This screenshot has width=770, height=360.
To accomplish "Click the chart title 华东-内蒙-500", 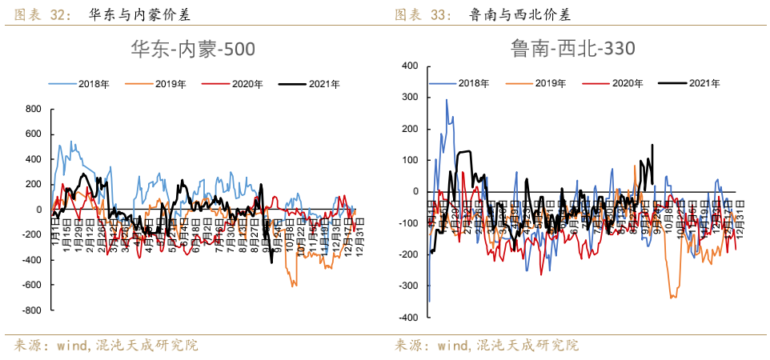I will click(193, 50).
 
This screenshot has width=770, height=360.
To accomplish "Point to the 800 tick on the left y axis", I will click(33, 109).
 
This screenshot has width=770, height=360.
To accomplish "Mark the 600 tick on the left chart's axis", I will click(33, 134).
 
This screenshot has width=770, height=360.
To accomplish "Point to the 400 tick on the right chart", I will click(410, 66).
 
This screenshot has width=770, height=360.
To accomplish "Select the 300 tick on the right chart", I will click(410, 97).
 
